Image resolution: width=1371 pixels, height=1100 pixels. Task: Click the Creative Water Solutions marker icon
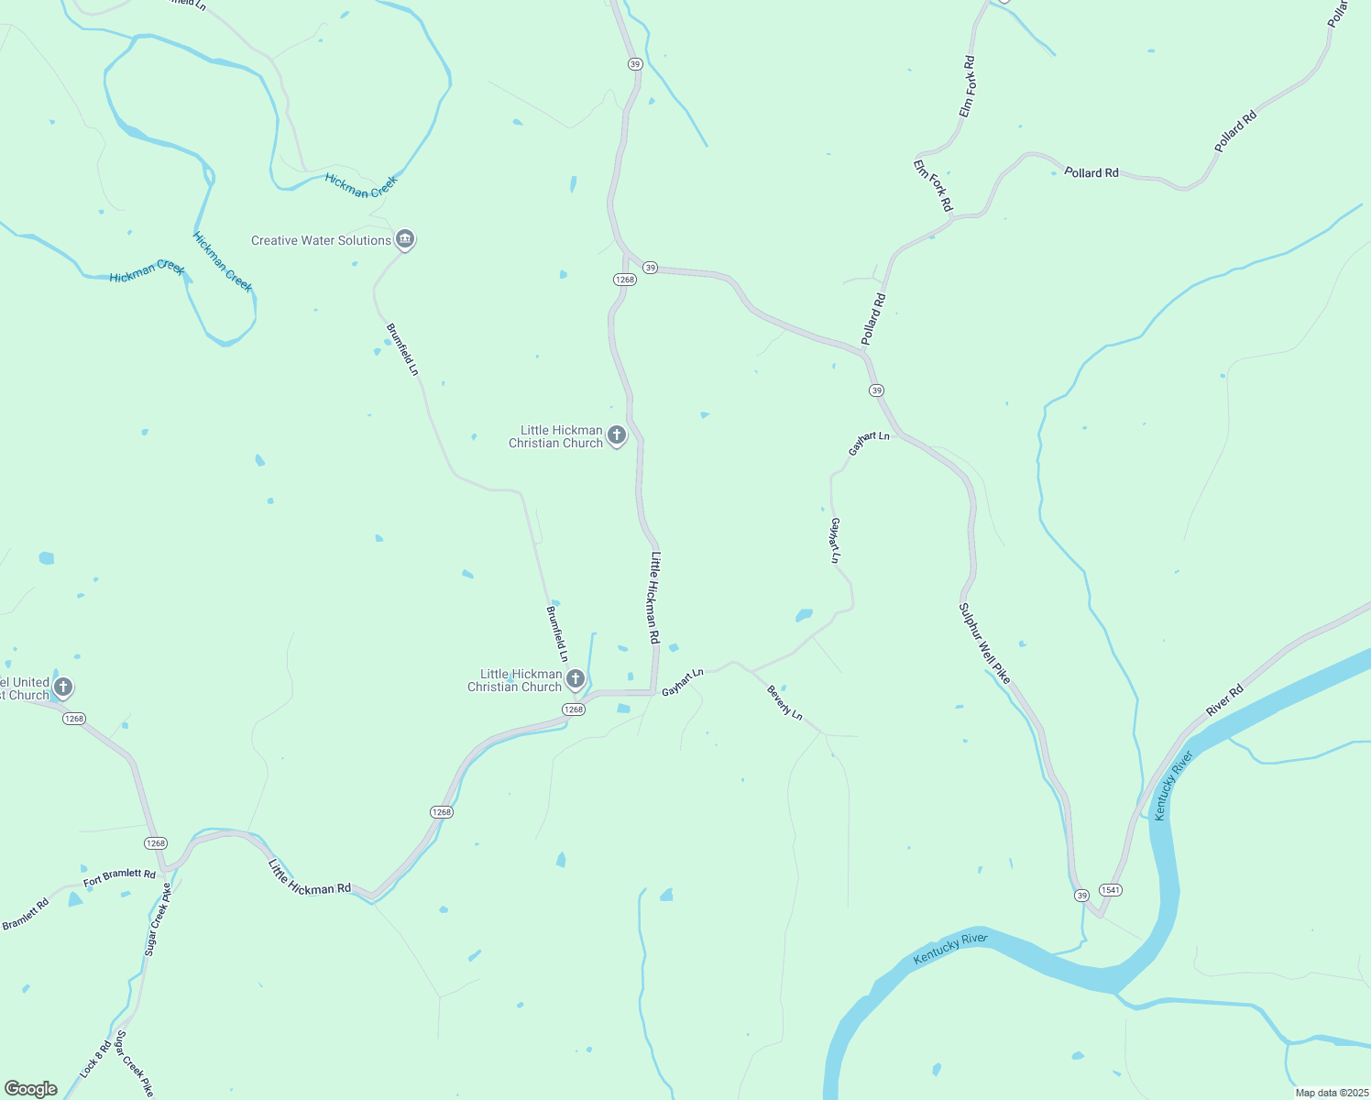click(405, 239)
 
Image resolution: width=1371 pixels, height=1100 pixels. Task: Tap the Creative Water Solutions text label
click(321, 240)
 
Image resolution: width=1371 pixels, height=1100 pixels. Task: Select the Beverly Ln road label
click(784, 702)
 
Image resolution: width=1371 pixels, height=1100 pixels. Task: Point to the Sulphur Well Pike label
click(984, 643)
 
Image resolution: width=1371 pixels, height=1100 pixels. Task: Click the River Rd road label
click(1224, 699)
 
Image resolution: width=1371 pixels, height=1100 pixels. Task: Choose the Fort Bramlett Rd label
click(119, 877)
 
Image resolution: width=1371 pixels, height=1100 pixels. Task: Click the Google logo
click(30, 1089)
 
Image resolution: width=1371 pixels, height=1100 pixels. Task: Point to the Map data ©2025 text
click(1331, 1093)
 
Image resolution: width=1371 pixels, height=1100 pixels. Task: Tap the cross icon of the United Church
click(63, 687)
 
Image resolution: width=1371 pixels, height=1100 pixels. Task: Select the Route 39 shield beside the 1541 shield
click(1082, 895)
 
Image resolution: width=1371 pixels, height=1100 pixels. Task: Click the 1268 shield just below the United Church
click(74, 719)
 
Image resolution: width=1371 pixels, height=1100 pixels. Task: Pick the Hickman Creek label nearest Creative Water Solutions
click(361, 185)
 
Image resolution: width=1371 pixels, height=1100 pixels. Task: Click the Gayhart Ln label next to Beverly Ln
click(683, 682)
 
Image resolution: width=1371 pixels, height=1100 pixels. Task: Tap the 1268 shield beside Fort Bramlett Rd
click(155, 842)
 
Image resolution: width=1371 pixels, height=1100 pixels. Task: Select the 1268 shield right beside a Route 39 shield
click(624, 280)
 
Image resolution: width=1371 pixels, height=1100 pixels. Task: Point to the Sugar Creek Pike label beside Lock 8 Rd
click(134, 1064)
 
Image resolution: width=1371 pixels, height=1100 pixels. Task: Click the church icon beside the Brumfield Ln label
click(575, 679)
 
